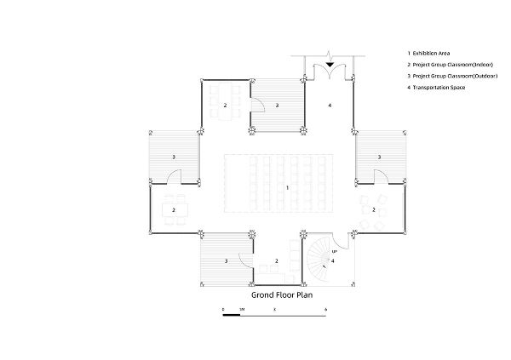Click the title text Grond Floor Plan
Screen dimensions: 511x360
(282, 295)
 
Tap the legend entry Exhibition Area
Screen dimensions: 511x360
(431, 53)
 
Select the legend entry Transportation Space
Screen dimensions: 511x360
(439, 88)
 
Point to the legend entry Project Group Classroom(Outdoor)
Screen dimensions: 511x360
(455, 76)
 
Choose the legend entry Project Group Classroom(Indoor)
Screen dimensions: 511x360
(453, 65)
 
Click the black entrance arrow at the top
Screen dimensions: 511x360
(330, 65)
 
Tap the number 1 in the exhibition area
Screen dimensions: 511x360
(287, 187)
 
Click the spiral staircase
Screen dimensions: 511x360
(318, 260)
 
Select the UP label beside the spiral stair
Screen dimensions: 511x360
(335, 252)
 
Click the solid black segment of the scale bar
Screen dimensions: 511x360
(232, 315)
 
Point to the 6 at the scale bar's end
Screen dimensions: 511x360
(325, 310)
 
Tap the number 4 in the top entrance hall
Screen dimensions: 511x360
(330, 106)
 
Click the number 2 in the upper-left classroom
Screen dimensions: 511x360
(225, 106)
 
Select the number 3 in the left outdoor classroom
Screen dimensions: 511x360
(174, 157)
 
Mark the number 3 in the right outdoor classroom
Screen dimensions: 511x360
(379, 157)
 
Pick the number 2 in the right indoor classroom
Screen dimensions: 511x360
(374, 210)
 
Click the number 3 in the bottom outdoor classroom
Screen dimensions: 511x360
(226, 261)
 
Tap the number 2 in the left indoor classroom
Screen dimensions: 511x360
(174, 210)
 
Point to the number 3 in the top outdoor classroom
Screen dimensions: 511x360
(277, 106)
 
